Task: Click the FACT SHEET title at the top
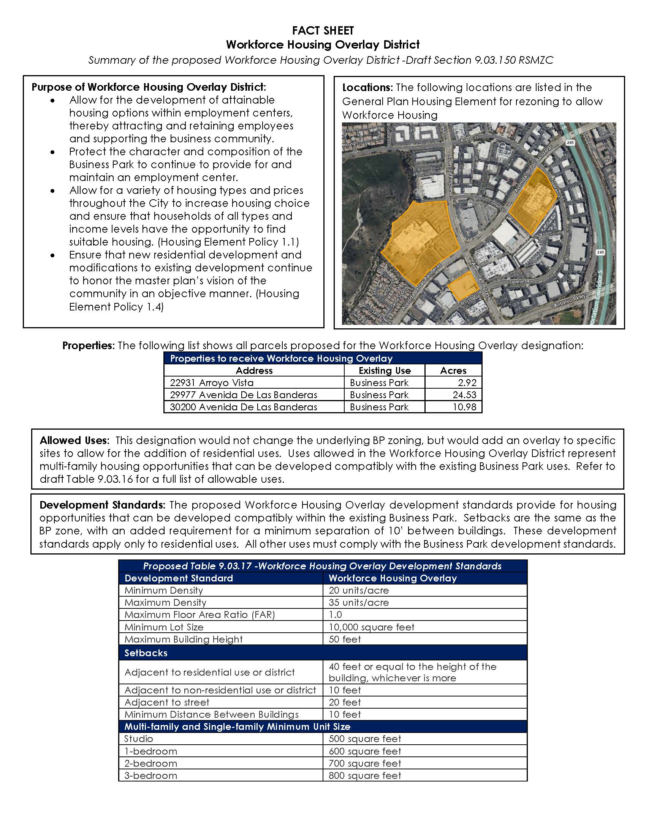click(x=323, y=31)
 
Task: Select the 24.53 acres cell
click(x=465, y=395)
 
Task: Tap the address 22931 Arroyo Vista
click(x=212, y=382)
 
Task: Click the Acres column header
click(x=453, y=370)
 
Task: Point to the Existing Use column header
click(x=384, y=370)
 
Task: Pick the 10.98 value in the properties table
click(x=465, y=407)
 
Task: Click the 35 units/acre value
click(x=359, y=602)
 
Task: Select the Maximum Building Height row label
click(x=183, y=639)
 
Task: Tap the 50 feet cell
click(x=344, y=639)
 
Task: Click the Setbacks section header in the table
click(x=146, y=653)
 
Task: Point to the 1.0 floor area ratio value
click(x=335, y=614)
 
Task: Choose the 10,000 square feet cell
click(x=371, y=627)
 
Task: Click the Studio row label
click(x=138, y=738)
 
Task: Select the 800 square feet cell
click(x=365, y=775)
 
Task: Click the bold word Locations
click(x=367, y=88)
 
